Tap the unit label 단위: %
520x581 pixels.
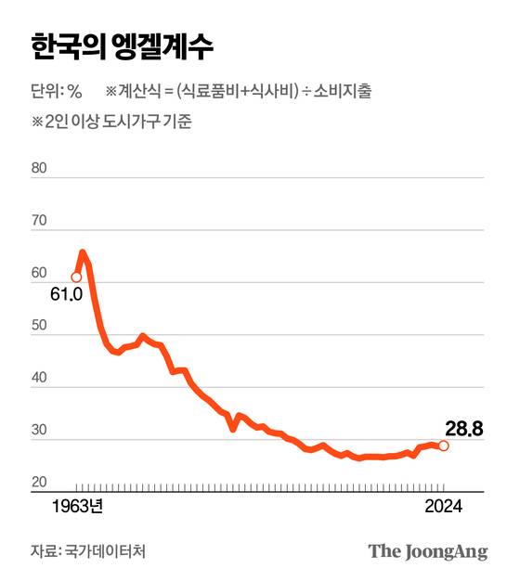[x=57, y=91]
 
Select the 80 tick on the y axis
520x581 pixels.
[x=38, y=169]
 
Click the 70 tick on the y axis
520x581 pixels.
[x=38, y=222]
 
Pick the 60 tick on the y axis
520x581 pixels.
[x=38, y=274]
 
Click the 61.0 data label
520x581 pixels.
[x=68, y=294]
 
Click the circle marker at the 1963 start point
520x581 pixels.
[x=76, y=277]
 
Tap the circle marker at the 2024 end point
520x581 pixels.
[x=444, y=445]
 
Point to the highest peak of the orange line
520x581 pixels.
[x=83, y=252]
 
